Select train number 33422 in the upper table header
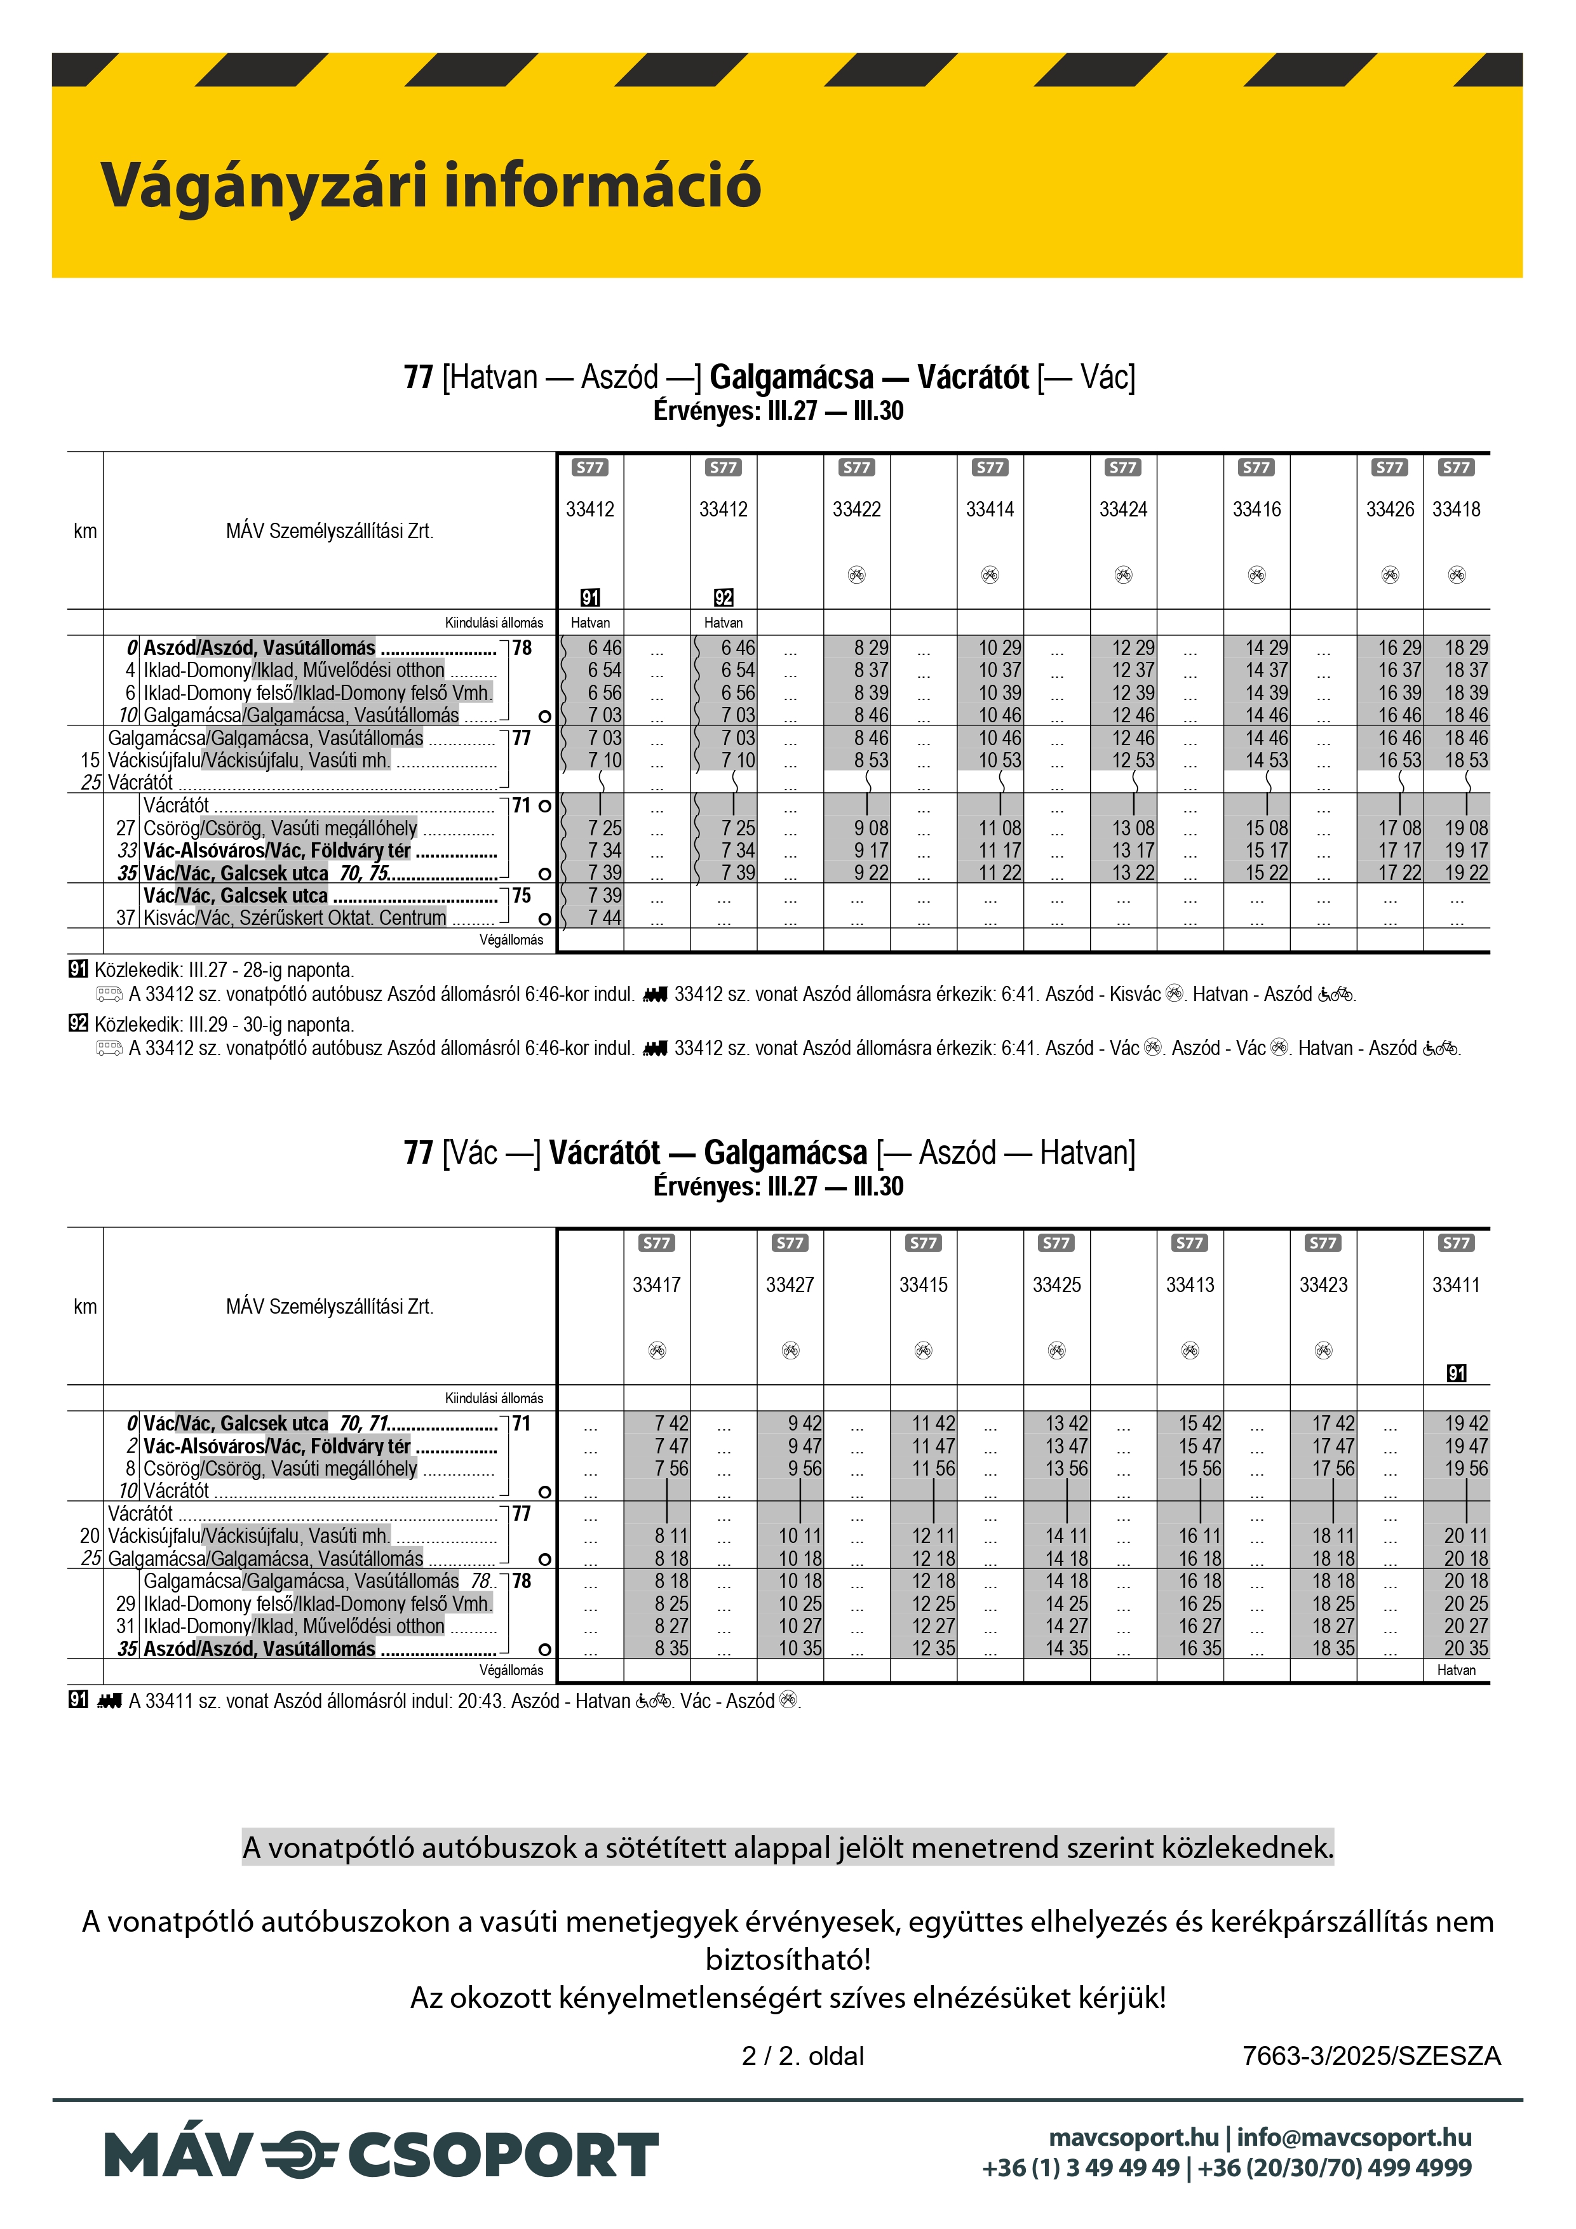856,509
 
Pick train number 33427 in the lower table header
790,1285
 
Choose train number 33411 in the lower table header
1455,1285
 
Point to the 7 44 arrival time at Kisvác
604,919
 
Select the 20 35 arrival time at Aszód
1465,1648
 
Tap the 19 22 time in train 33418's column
1465,873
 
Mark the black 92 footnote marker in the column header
724,598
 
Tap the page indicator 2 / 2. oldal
802,2056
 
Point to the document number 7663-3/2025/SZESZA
1371,2056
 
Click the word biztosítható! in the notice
788,1960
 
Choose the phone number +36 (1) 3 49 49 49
1081,2168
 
